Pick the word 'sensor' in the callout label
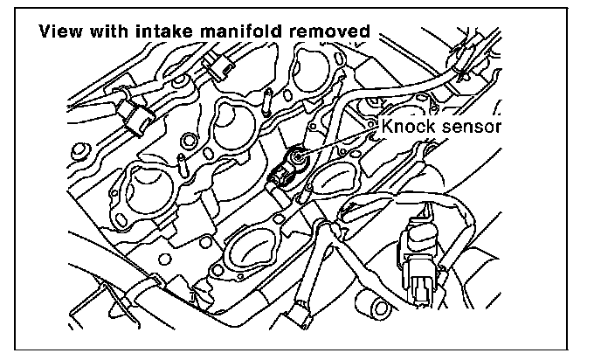coord(471,127)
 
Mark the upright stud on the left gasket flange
coord(183,163)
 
